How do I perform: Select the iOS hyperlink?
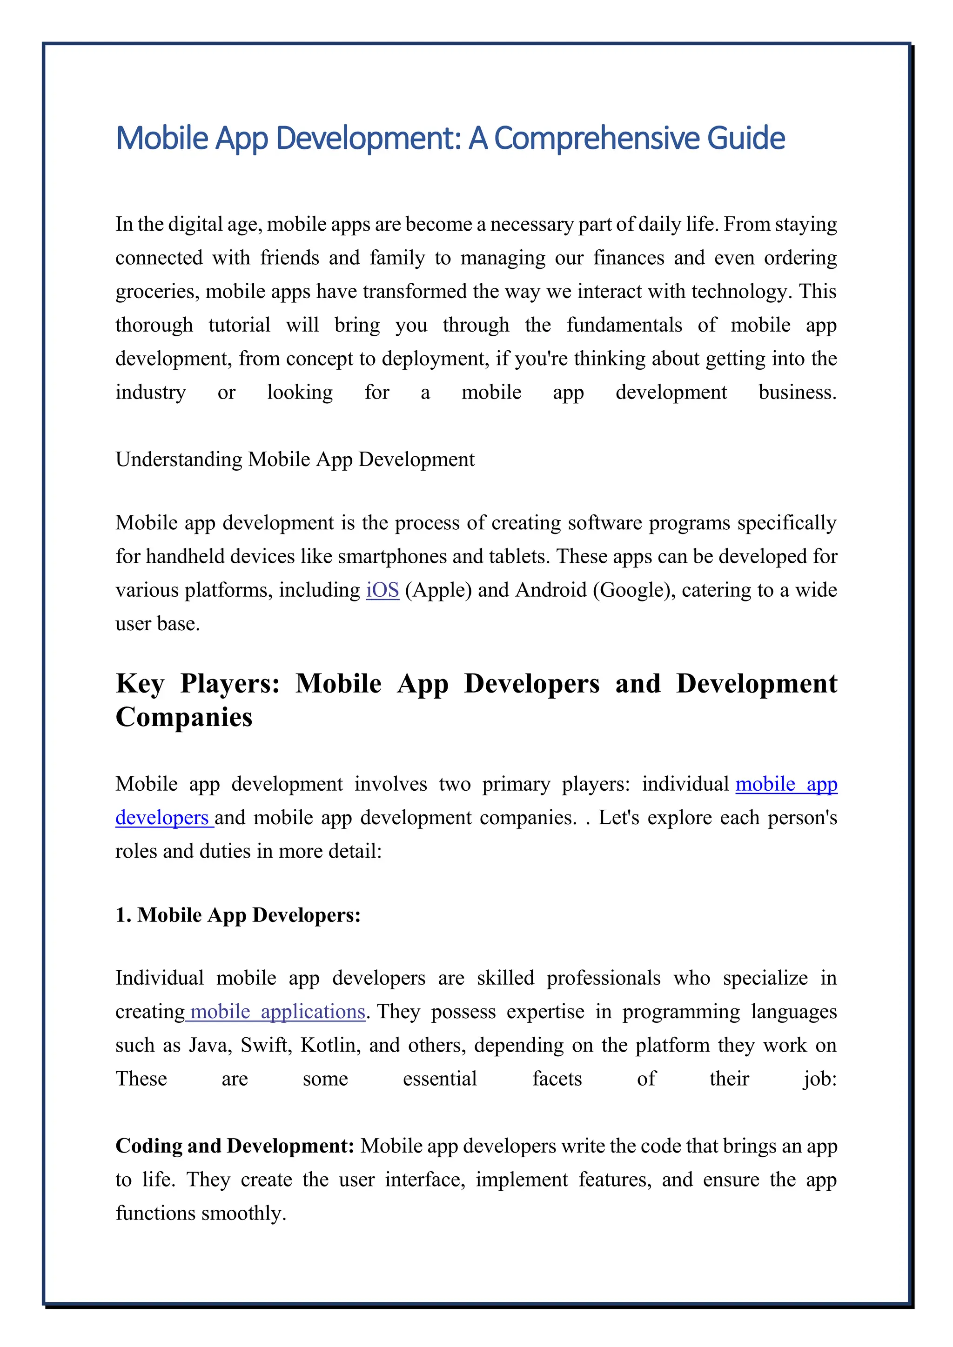pos(382,590)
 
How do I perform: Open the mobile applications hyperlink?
pos(277,1012)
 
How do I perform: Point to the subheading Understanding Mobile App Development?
pos(295,460)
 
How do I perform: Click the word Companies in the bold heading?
pos(184,717)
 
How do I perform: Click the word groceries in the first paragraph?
pos(157,292)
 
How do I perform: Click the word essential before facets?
pos(440,1079)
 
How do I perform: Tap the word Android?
pos(550,590)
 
